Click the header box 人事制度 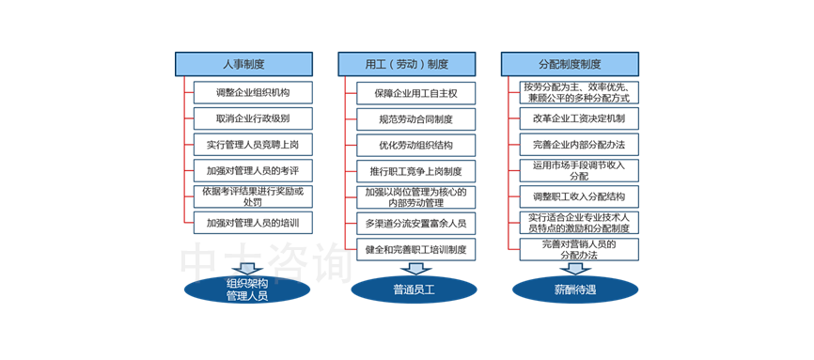click(243, 64)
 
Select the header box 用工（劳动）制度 click(406, 64)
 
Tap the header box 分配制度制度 click(570, 64)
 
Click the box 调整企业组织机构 click(252, 93)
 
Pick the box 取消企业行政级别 click(252, 119)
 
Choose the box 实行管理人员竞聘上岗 click(252, 146)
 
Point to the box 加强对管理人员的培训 click(252, 224)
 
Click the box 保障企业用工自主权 click(415, 93)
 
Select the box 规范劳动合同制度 click(415, 119)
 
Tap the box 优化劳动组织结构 click(415, 146)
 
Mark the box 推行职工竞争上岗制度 click(415, 172)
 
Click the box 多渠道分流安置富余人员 click(415, 224)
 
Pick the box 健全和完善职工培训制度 click(415, 249)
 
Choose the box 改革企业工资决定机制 click(579, 119)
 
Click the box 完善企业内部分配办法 click(579, 146)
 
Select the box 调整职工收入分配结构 click(579, 197)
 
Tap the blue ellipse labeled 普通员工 click(404, 290)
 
